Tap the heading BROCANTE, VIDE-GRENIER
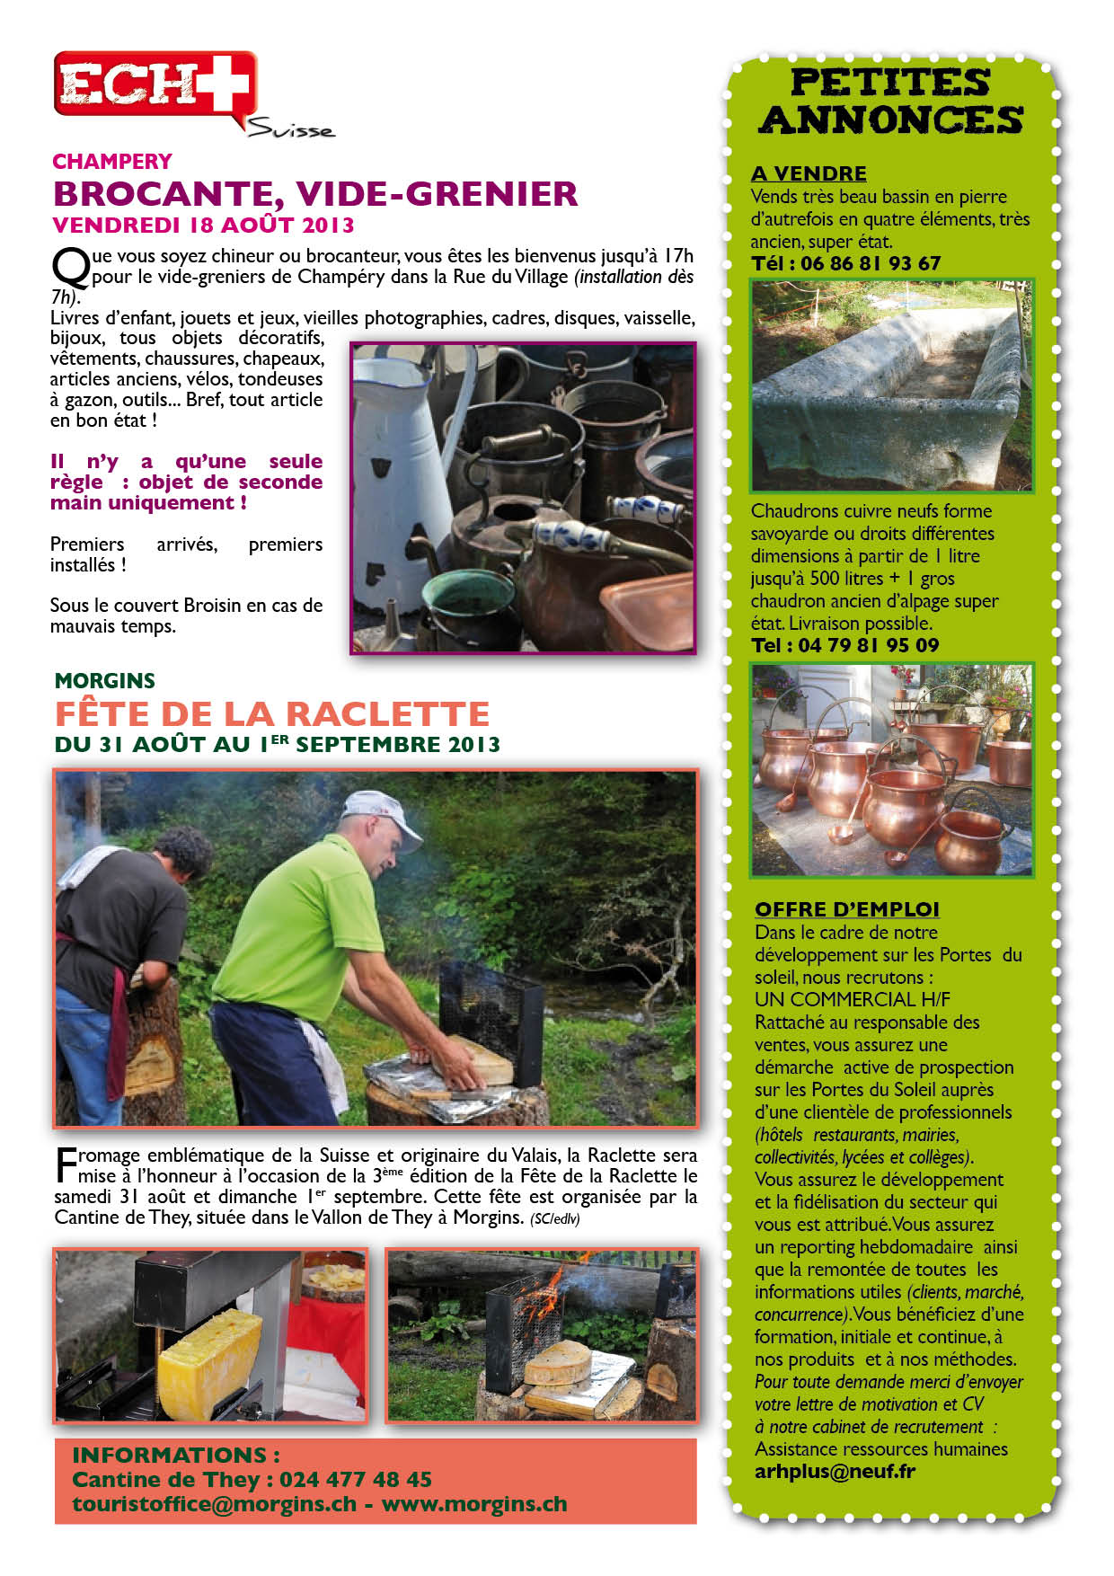click(x=315, y=193)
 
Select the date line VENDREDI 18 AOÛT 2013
click(x=203, y=225)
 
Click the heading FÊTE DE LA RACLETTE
click(x=272, y=713)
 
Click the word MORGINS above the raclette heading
click(x=104, y=680)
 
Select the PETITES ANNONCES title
click(x=890, y=101)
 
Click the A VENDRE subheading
click(x=809, y=173)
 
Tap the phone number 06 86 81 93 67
click(x=870, y=263)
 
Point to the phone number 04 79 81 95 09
click(x=868, y=645)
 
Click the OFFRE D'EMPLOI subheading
click(x=846, y=909)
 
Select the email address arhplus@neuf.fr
click(x=835, y=1472)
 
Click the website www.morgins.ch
click(x=474, y=1504)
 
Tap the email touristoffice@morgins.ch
click(x=214, y=1504)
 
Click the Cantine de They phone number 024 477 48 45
click(x=355, y=1479)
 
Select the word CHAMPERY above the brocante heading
click(x=112, y=162)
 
